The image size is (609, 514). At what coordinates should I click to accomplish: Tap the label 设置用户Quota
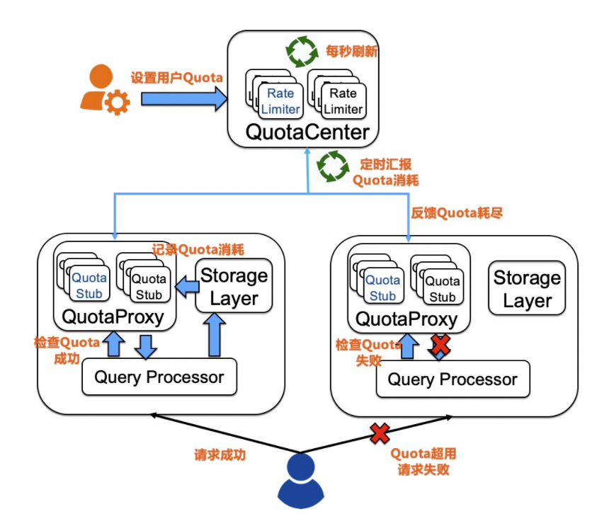coord(176,77)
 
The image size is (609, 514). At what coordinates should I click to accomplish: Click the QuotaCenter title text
coord(307,132)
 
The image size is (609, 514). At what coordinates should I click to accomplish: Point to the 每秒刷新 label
coord(351,51)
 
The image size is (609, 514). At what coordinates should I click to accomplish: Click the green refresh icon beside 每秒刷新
coord(301,52)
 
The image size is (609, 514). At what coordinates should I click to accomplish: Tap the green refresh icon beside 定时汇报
coord(332,166)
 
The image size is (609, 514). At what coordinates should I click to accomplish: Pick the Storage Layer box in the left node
coord(234,286)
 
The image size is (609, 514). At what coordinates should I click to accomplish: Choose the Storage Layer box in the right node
coord(527,289)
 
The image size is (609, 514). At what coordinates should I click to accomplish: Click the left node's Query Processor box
coord(159,377)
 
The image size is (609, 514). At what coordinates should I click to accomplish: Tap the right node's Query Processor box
coord(452,379)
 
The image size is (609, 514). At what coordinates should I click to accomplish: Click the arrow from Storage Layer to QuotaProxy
coord(186,287)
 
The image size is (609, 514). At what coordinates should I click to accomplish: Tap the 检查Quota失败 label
coord(368,353)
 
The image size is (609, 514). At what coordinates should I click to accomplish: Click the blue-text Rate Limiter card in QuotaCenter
coord(281,101)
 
